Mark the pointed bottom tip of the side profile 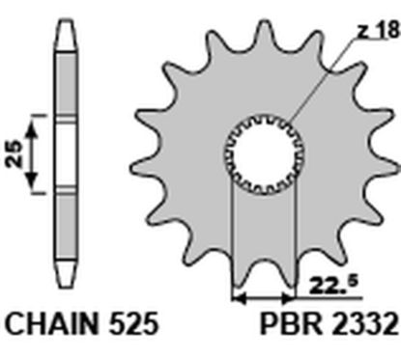click(x=62, y=287)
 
